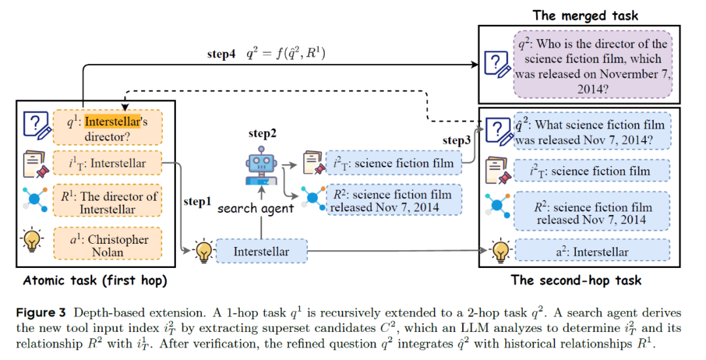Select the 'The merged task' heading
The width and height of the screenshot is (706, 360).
point(585,15)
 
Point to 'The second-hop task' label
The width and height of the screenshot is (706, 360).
point(576,281)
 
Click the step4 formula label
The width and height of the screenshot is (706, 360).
point(266,54)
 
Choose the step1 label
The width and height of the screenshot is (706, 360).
point(197,202)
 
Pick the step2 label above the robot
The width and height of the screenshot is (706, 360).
point(262,133)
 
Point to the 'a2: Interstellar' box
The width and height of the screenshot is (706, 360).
point(592,252)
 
